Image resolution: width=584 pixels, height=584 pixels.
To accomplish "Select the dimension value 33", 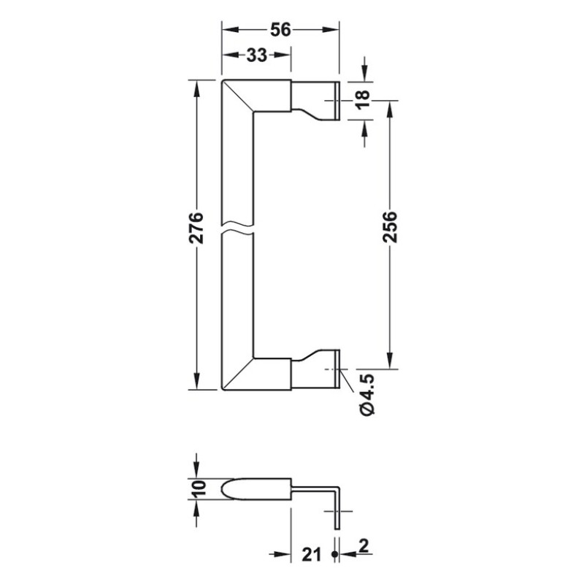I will pos(256,55).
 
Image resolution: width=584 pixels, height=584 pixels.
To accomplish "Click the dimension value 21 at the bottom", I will pos(312,556).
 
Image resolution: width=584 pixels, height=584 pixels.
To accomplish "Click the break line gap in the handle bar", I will pos(238,228).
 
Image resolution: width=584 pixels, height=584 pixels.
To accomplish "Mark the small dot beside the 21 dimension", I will pos(334,556).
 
